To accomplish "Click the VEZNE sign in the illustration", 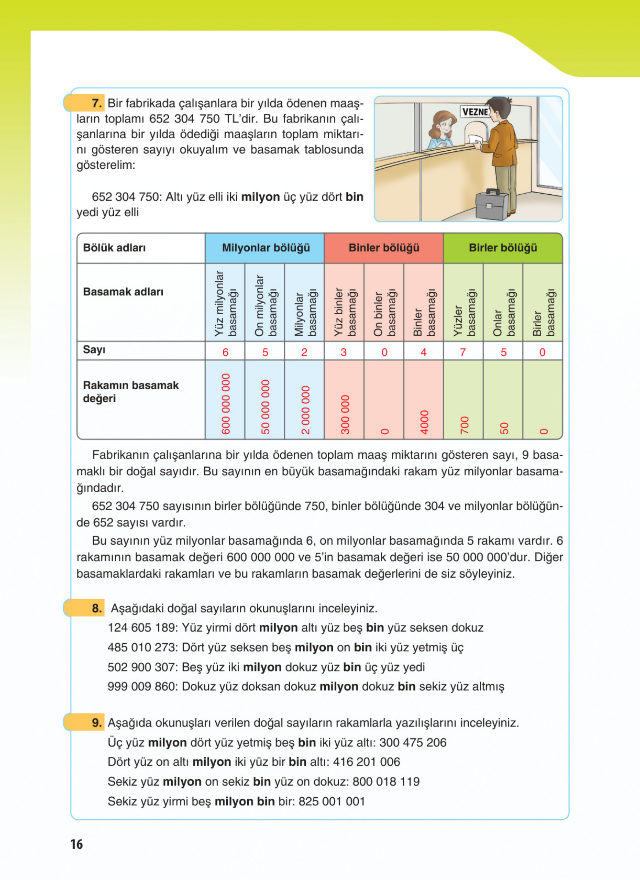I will point(475,112).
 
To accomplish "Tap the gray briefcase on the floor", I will point(492,204).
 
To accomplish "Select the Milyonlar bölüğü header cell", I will point(265,248).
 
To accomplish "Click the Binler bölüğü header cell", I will point(384,248).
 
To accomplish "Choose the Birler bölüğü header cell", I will point(503,248).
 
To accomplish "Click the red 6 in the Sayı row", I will point(225,352).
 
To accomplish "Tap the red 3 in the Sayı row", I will point(344,352).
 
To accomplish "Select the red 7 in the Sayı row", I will point(463,352).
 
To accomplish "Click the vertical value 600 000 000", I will point(226,404).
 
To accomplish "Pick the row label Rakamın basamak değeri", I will point(131,392).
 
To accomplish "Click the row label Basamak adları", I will point(123,292).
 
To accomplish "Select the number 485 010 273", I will point(143,647).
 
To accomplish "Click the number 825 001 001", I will point(332,801).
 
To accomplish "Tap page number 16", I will point(77,844).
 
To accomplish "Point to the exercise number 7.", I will point(97,103).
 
